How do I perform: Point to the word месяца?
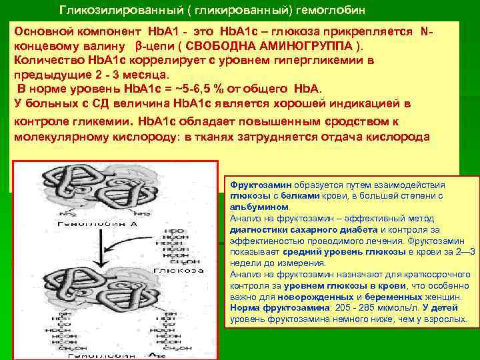pos(150,74)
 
